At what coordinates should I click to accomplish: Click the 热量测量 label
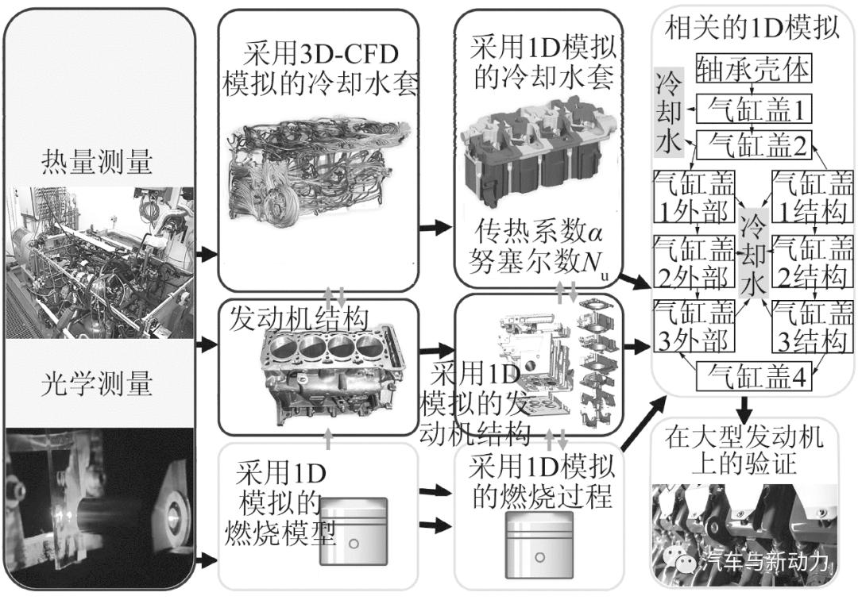tap(96, 163)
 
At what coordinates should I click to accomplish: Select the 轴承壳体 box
tap(753, 70)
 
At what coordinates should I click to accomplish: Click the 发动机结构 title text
tap(300, 319)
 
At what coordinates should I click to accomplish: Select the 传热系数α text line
tap(538, 230)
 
